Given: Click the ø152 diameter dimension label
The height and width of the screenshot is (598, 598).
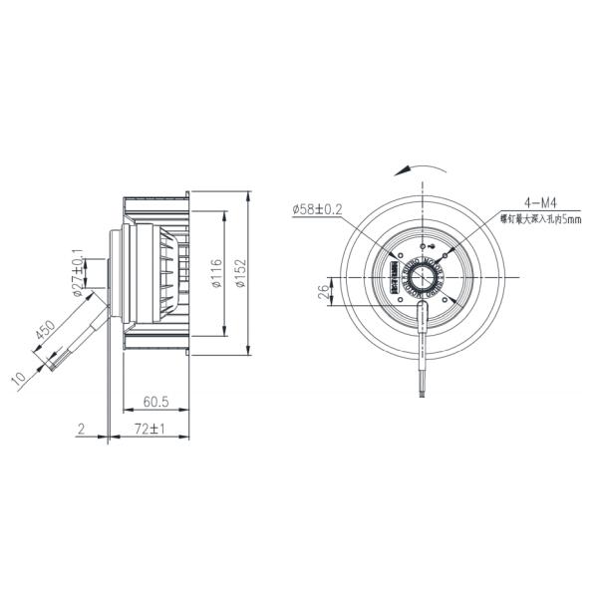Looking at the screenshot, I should (242, 270).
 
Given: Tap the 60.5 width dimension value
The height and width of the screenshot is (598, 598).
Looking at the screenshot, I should (153, 402).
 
